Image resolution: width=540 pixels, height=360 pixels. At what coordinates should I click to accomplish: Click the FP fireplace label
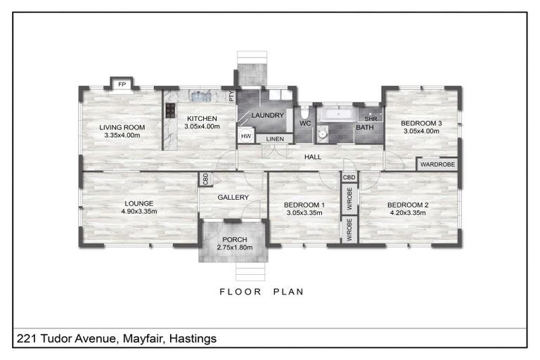click(122, 84)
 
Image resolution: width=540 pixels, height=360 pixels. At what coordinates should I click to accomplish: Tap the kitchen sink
click(199, 96)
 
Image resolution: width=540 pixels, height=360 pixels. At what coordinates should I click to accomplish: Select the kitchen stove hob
click(169, 110)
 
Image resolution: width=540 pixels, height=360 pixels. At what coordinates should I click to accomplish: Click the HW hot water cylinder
click(246, 136)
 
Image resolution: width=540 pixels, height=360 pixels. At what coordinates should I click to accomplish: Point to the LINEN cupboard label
click(275, 139)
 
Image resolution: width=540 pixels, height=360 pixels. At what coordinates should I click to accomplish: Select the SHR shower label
click(371, 119)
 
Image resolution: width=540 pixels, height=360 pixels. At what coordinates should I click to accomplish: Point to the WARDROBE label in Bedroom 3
click(437, 165)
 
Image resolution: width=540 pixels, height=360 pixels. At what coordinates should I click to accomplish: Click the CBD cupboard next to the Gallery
click(205, 179)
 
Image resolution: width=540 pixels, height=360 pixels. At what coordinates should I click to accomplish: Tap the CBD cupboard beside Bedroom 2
click(349, 178)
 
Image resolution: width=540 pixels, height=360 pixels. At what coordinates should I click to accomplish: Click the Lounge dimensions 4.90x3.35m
click(139, 211)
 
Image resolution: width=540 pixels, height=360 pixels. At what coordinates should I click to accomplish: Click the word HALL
click(313, 157)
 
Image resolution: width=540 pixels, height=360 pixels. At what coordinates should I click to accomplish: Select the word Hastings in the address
click(192, 339)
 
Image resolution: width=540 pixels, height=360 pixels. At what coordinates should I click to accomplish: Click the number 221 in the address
click(25, 339)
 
